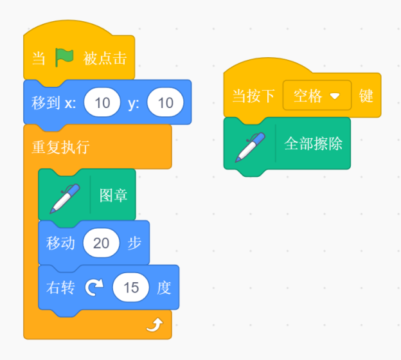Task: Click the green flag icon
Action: (64, 58)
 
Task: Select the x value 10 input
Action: (102, 102)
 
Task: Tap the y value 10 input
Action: (165, 102)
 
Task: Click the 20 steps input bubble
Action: (102, 243)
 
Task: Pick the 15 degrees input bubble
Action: (131, 287)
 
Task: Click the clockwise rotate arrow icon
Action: (94, 287)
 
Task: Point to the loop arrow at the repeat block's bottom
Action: (155, 325)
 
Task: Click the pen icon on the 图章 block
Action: (65, 199)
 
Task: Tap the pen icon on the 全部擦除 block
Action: (250, 147)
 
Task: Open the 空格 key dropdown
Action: (317, 95)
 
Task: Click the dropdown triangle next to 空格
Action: (335, 96)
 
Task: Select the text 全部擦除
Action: (314, 143)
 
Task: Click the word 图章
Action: (114, 195)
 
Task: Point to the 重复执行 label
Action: (61, 147)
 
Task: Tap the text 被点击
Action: (105, 58)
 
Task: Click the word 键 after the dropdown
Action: (366, 96)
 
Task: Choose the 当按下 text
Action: (253, 96)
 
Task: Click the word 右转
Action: (60, 287)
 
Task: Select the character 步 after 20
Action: (134, 243)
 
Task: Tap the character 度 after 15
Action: (164, 287)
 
